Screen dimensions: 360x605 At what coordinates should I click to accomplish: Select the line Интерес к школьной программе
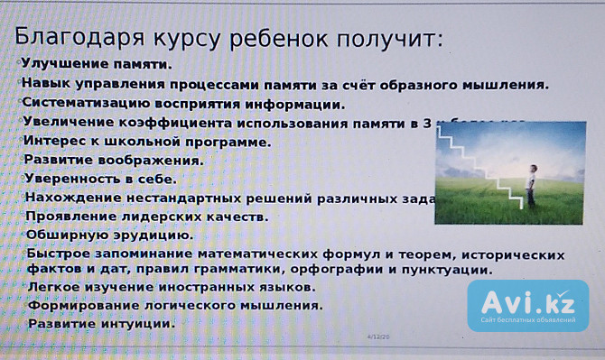click(x=146, y=142)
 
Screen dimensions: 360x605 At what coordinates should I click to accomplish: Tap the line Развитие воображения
click(x=113, y=160)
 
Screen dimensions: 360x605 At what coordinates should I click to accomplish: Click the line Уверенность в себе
click(x=100, y=180)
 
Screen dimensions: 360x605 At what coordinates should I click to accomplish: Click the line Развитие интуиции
click(x=100, y=323)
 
